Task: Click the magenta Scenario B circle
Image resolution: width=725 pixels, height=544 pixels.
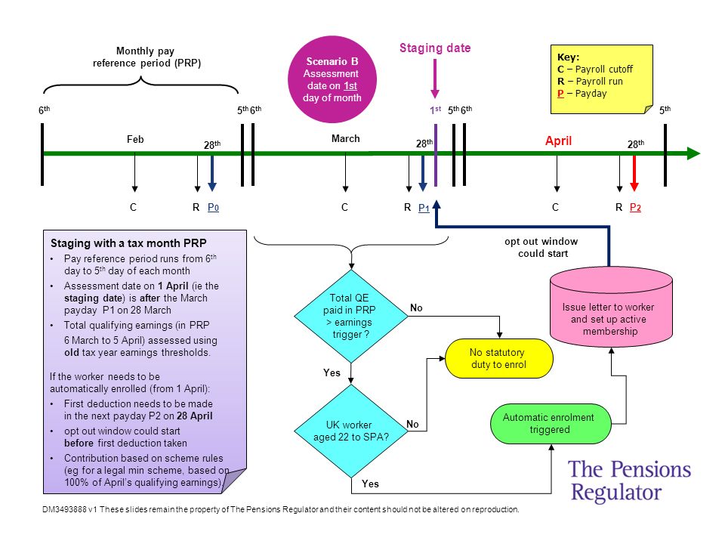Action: click(x=332, y=79)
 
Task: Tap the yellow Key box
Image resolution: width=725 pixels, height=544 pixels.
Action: click(x=602, y=79)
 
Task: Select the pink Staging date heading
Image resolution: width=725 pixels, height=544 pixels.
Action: click(x=435, y=48)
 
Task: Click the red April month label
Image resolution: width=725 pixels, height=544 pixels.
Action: click(x=559, y=141)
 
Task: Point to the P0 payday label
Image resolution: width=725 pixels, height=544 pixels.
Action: click(x=213, y=207)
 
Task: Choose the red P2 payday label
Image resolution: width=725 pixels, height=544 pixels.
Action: click(x=635, y=207)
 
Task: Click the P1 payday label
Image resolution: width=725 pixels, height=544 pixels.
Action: click(x=424, y=208)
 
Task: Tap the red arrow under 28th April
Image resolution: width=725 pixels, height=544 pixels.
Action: click(x=634, y=173)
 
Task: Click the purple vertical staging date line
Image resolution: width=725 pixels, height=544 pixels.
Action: click(x=436, y=155)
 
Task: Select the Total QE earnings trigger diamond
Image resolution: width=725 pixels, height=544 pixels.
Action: click(x=351, y=316)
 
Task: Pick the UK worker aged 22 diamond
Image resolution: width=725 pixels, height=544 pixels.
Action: click(x=351, y=431)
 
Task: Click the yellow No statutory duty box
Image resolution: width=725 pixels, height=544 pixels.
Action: click(x=499, y=358)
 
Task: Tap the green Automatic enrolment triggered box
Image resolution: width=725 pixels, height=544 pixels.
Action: click(x=551, y=424)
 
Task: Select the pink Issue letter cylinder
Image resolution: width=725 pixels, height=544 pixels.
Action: click(x=611, y=308)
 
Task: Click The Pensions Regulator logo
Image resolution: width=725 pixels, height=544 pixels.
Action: click(x=629, y=481)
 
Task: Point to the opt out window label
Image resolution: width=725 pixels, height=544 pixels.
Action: click(x=541, y=248)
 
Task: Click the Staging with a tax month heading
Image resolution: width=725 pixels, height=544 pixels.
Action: click(x=128, y=243)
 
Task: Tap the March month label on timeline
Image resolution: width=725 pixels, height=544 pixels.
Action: click(x=345, y=139)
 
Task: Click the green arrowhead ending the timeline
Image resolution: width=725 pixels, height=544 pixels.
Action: click(x=693, y=153)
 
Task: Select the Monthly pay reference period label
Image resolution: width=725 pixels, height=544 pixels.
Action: click(x=147, y=57)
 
